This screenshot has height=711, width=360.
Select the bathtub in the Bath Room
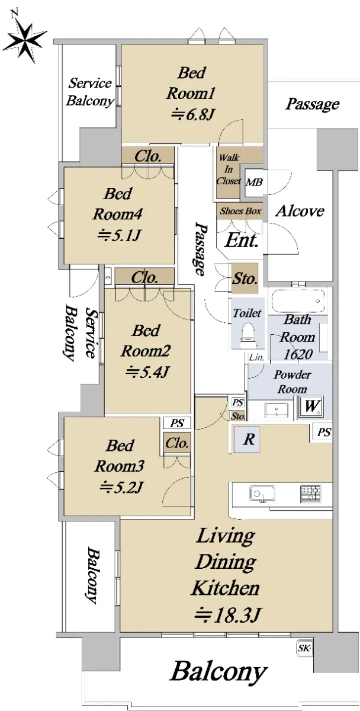pos(298,300)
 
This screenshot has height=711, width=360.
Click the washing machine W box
pos(312,406)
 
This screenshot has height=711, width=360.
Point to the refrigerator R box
pos(247,440)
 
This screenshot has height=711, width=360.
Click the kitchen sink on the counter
pos(262,494)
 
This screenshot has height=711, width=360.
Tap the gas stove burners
pos(310,494)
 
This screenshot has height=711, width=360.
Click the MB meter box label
pos(255,182)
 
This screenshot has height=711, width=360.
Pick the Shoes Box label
pos(240,211)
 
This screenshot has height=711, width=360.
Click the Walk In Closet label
pos(229,169)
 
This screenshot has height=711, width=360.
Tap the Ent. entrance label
pos(242,241)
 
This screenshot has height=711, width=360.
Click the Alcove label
pos(300,211)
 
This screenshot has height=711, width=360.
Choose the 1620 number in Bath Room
pos(298,354)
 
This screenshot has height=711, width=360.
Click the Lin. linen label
pos(256,358)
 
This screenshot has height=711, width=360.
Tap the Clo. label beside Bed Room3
pos(177,443)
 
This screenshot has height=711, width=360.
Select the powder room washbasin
pos(277,410)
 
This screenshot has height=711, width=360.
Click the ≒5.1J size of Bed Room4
pos(118,235)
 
